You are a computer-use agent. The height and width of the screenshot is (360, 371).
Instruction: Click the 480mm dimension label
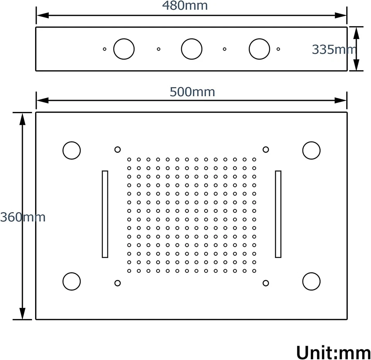pyautogui.click(x=185, y=6)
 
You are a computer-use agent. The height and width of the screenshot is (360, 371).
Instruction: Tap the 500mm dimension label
pyautogui.click(x=192, y=92)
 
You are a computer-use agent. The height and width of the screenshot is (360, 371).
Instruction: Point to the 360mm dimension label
pyautogui.click(x=23, y=217)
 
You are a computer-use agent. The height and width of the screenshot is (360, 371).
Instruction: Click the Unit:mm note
pyautogui.click(x=333, y=352)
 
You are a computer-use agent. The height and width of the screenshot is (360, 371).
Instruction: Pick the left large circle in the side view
pyautogui.click(x=124, y=49)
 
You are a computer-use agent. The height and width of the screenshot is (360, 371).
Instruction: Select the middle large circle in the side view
pyautogui.click(x=192, y=49)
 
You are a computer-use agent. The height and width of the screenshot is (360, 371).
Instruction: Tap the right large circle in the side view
pyautogui.click(x=259, y=49)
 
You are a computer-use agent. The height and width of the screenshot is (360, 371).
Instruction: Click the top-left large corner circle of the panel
pyautogui.click(x=71, y=150)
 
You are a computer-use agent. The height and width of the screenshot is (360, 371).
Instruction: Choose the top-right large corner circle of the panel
pyautogui.click(x=311, y=150)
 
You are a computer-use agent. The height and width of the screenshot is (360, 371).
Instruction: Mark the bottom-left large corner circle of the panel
pyautogui.click(x=71, y=281)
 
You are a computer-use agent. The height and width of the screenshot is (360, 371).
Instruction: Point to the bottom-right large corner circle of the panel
pyautogui.click(x=311, y=281)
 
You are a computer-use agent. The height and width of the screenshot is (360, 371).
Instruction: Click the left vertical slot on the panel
pyautogui.click(x=105, y=214)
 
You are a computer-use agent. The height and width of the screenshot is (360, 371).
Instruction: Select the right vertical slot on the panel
pyautogui.click(x=278, y=214)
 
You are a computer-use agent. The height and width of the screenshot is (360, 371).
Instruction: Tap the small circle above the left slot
pyautogui.click(x=117, y=149)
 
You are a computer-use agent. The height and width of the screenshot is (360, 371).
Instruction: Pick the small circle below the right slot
pyautogui.click(x=265, y=283)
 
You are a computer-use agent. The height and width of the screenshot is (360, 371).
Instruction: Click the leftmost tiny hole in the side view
pyautogui.click(x=104, y=49)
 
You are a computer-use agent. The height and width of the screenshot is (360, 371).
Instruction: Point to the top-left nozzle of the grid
pyautogui.click(x=129, y=159)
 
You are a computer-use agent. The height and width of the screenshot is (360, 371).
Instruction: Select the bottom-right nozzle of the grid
pyautogui.click(x=254, y=271)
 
